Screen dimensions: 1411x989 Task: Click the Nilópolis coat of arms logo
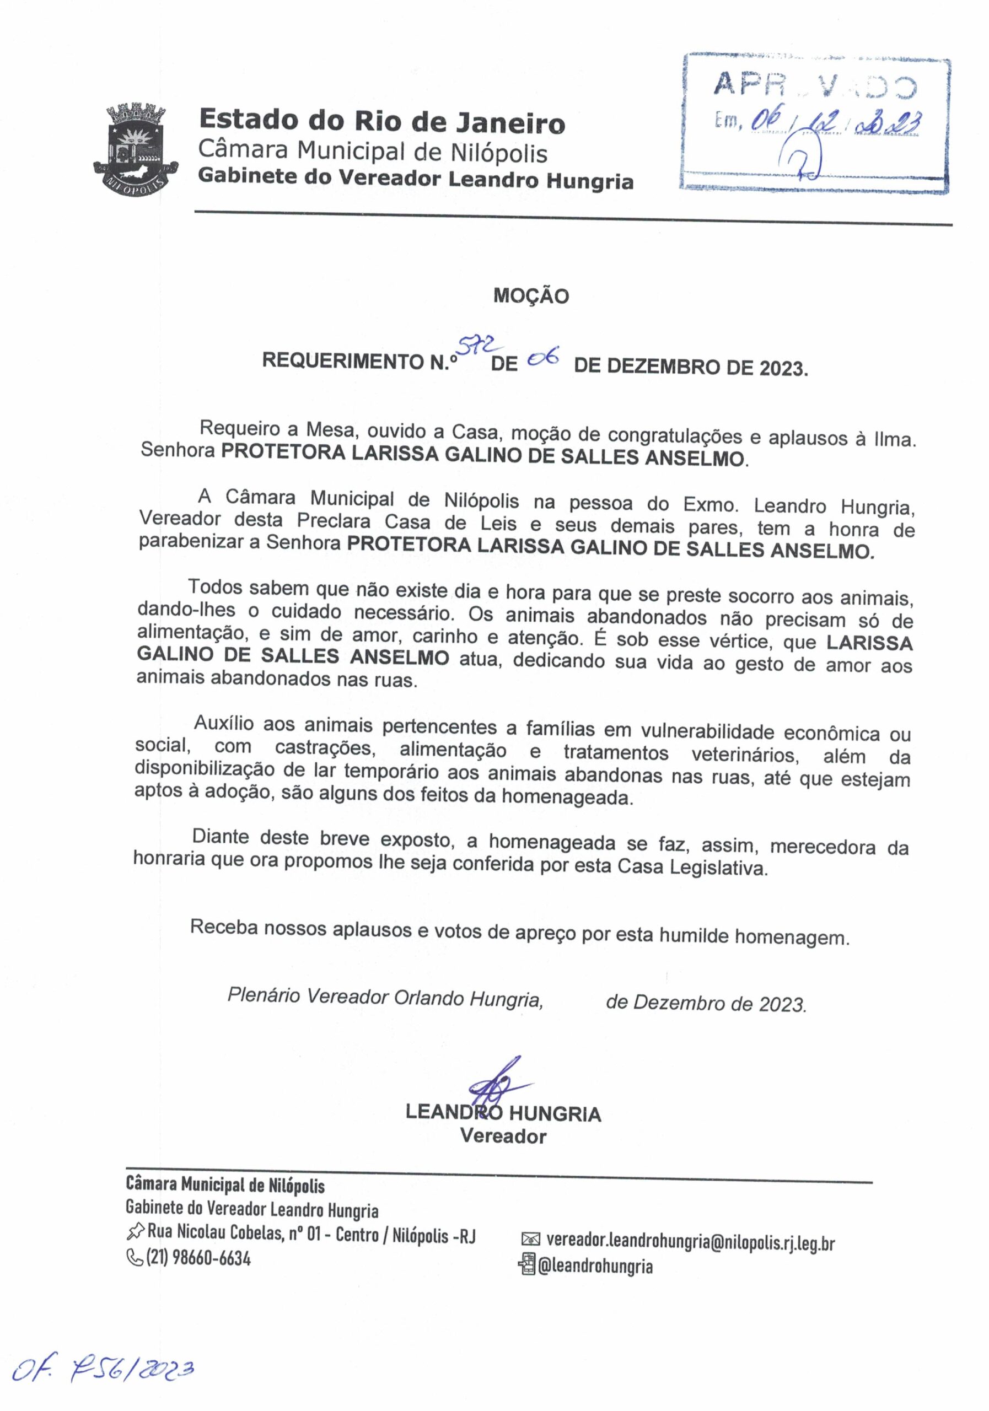point(135,148)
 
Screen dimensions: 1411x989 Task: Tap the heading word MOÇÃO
point(531,296)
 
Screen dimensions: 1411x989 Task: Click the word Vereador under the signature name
point(503,1137)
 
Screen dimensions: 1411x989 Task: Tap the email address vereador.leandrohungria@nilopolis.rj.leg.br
point(690,1242)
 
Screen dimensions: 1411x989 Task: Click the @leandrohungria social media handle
point(595,1266)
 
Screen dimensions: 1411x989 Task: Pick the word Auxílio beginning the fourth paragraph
point(224,723)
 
